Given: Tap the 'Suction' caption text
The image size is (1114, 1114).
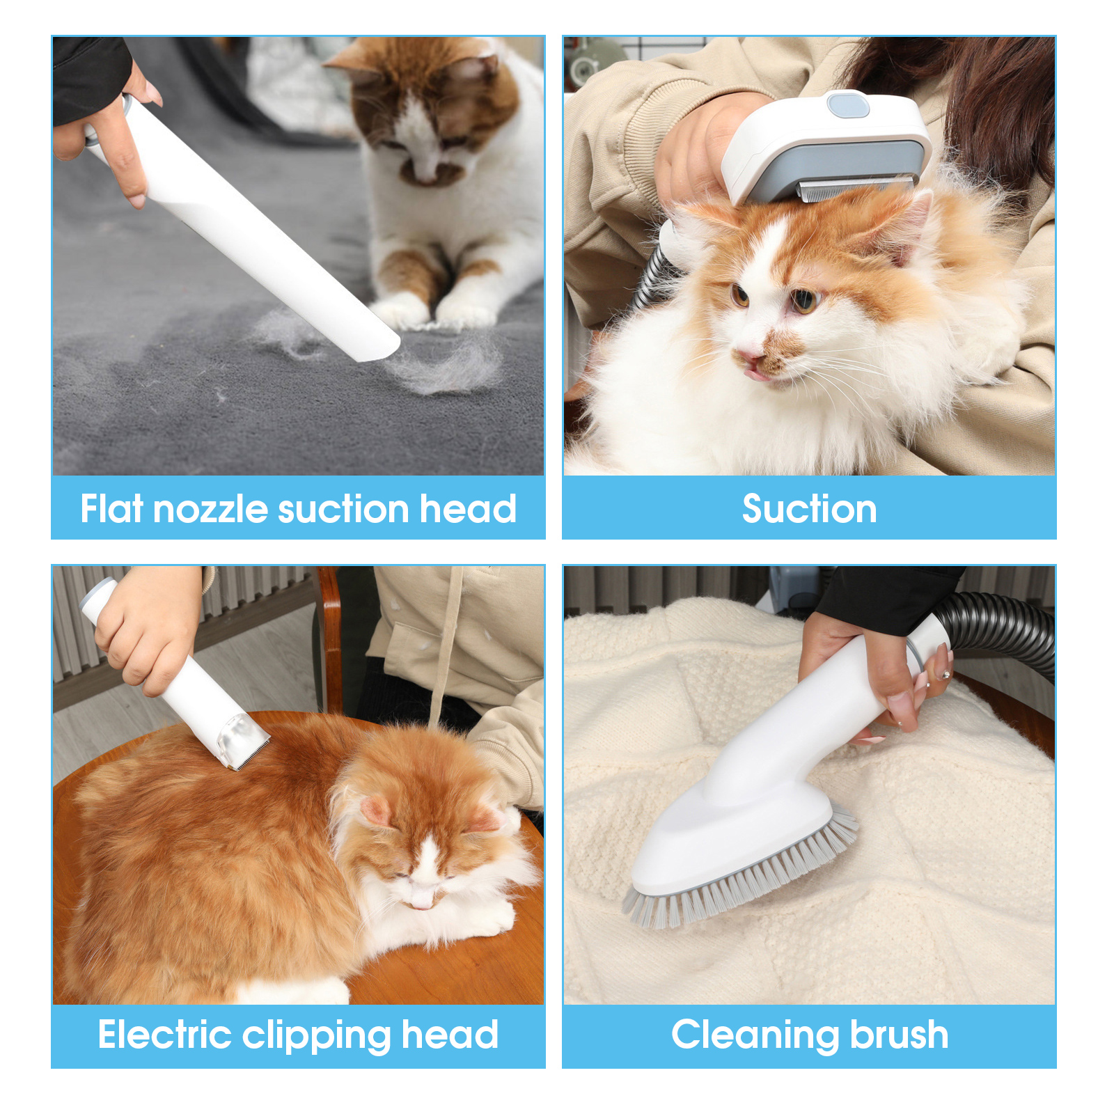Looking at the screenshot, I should [809, 509].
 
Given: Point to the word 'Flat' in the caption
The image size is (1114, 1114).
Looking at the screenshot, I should [111, 508].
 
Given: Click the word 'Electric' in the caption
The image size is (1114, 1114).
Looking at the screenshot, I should [164, 1035].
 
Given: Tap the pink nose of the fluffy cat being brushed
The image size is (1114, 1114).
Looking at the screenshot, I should [751, 356].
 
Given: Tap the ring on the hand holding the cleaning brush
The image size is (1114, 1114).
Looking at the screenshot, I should [946, 674].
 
